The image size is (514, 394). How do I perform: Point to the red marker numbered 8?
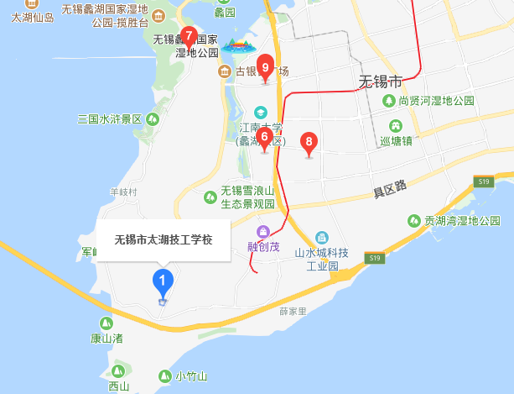309,143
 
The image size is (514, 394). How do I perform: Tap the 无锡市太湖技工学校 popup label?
164,239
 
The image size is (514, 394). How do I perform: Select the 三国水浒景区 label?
110,118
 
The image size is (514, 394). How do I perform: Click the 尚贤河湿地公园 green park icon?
389,100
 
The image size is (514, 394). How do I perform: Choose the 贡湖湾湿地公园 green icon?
413,221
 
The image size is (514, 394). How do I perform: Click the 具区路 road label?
390,189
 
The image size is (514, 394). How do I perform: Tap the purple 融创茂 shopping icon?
262,232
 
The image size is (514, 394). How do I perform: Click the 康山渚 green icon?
106,323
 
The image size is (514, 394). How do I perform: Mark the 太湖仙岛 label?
33,16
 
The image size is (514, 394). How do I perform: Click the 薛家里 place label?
294,311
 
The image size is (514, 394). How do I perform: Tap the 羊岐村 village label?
122,192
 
